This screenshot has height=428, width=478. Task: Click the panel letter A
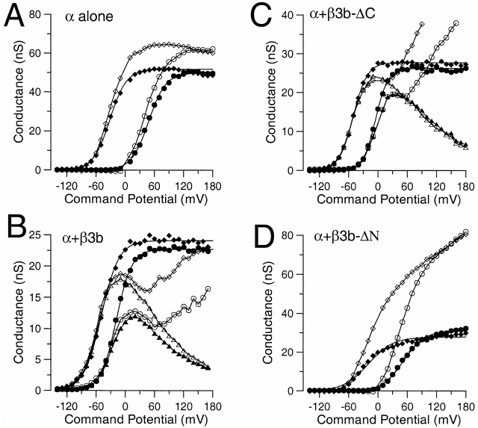(x=16, y=17)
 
